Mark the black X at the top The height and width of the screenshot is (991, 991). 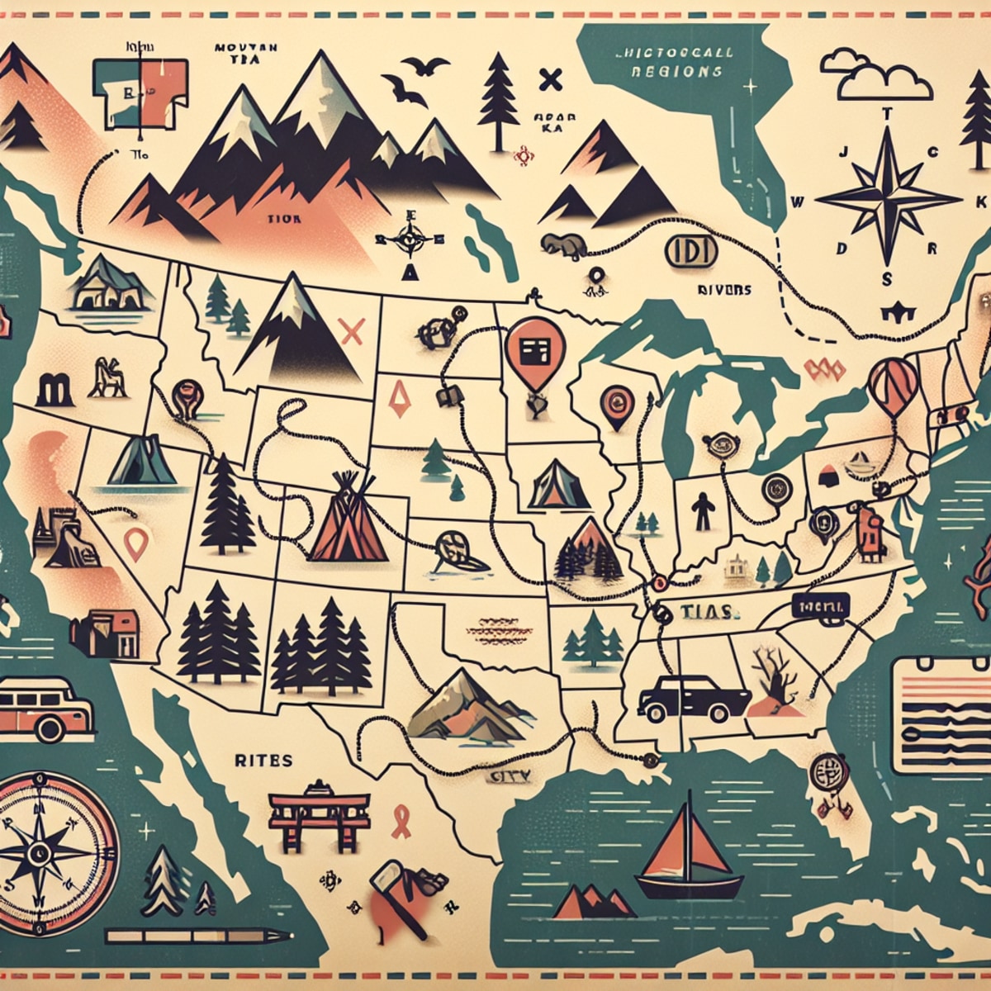pos(549,80)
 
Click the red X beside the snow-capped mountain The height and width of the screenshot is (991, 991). pos(352,332)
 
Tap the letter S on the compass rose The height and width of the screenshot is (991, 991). pos(886,278)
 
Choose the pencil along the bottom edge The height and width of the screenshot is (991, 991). pos(198,936)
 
